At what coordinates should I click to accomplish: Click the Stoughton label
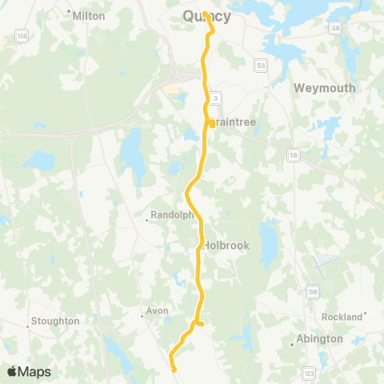pyautogui.click(x=54, y=322)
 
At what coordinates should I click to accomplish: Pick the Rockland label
pyautogui.click(x=342, y=318)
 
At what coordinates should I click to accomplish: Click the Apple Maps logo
pyautogui.click(x=28, y=372)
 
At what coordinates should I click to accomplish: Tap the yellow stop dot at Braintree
pyautogui.click(x=211, y=123)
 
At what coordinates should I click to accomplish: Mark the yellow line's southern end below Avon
pyautogui.click(x=174, y=369)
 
